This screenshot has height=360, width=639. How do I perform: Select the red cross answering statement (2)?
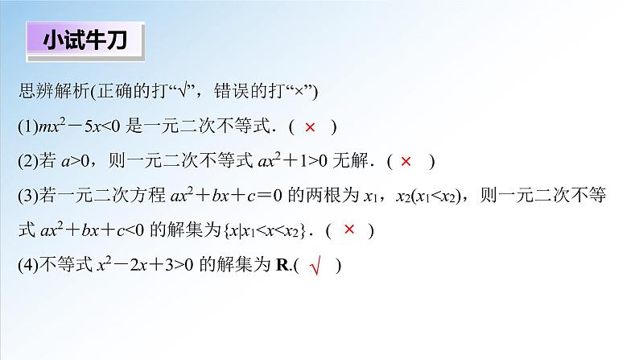point(406,162)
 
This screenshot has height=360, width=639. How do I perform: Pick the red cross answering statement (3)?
point(349,230)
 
